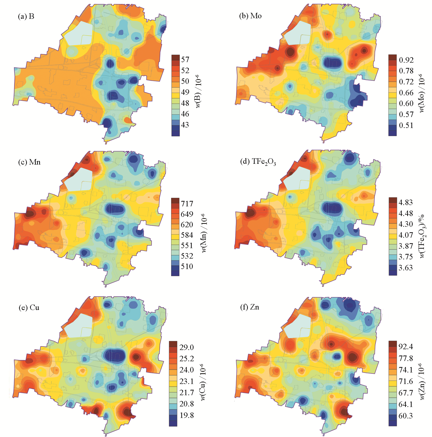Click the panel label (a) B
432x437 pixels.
click(x=26, y=16)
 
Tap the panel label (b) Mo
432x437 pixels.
click(x=250, y=16)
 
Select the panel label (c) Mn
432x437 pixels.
click(x=29, y=162)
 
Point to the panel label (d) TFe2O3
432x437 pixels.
click(x=258, y=162)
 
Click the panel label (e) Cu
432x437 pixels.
click(x=29, y=307)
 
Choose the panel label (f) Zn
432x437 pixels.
click(x=249, y=307)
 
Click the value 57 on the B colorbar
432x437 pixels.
click(x=185, y=60)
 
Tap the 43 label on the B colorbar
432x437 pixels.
click(x=185, y=125)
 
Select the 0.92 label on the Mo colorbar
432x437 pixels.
click(x=406, y=60)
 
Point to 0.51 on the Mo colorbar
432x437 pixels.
click(x=406, y=125)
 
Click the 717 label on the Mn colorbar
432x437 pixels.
click(x=187, y=203)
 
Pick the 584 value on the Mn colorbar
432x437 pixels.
click(x=187, y=235)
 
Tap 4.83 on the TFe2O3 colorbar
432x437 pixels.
click(x=406, y=202)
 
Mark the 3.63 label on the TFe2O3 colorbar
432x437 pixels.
click(x=406, y=268)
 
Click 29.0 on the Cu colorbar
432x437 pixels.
click(x=186, y=347)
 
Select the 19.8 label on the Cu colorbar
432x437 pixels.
click(x=186, y=415)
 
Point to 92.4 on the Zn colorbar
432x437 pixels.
click(x=406, y=347)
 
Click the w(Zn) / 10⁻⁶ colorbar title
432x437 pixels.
click(x=422, y=381)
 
